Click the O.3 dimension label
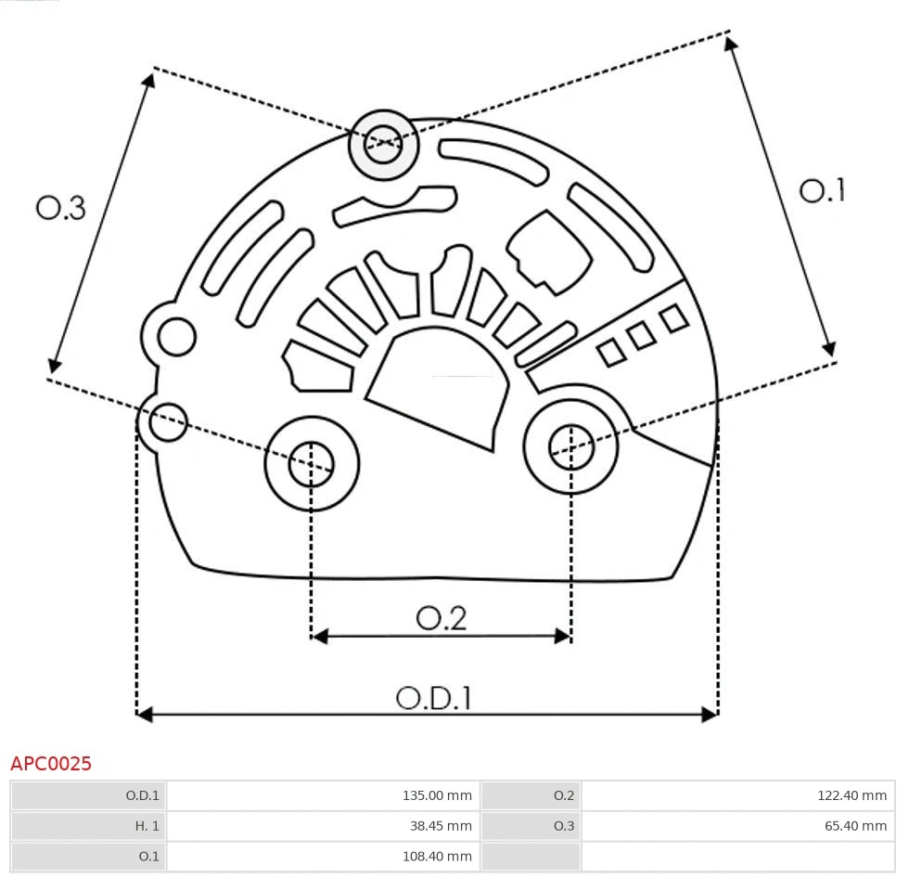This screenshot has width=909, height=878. (x=61, y=208)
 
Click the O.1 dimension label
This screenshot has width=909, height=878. (x=822, y=190)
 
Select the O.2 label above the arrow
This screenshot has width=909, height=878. (x=441, y=617)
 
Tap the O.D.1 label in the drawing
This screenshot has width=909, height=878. (x=434, y=697)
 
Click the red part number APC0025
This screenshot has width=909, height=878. (x=51, y=764)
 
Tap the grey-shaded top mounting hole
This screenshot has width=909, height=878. (x=383, y=145)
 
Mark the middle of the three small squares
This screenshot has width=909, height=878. (x=641, y=336)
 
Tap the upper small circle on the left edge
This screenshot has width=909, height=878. (x=176, y=336)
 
